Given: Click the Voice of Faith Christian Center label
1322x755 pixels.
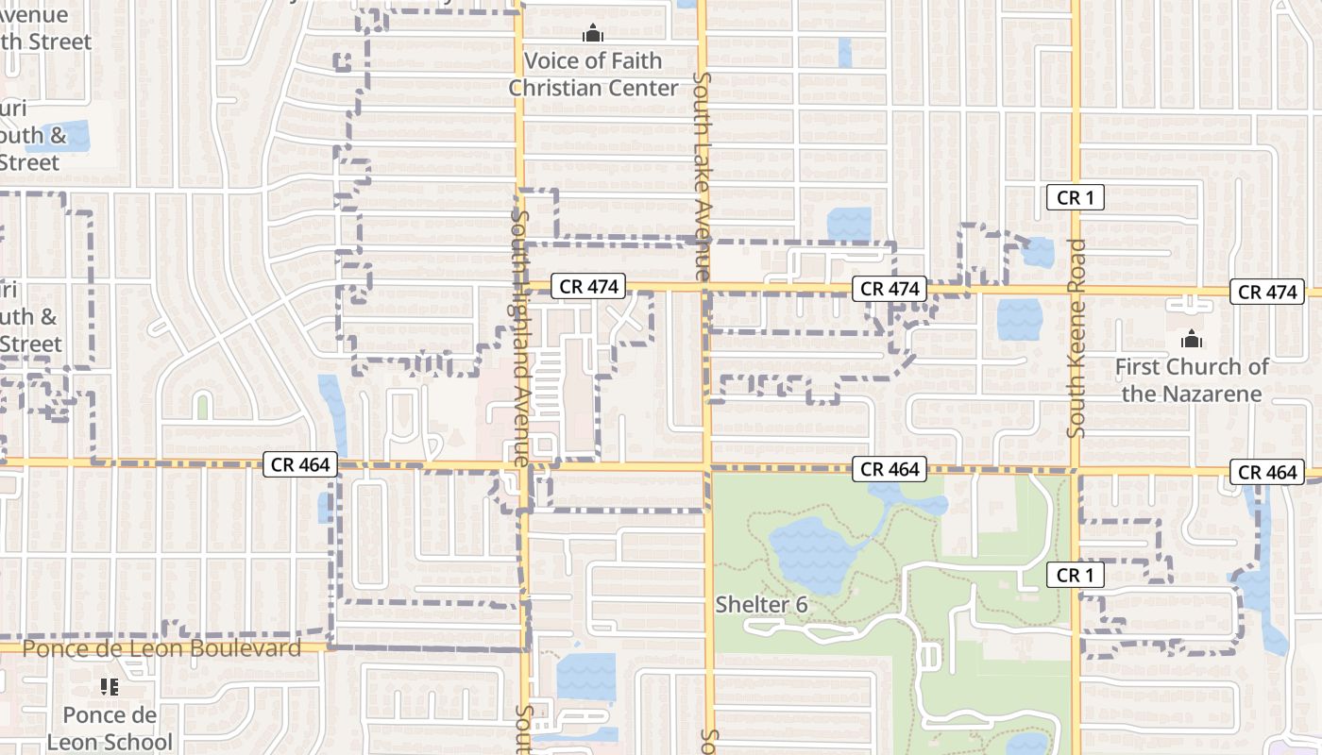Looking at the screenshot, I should click(593, 75).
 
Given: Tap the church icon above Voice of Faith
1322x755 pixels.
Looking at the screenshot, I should click(593, 35).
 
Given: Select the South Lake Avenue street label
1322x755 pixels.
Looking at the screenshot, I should click(702, 176).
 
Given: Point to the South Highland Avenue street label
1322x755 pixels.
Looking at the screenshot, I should click(518, 338).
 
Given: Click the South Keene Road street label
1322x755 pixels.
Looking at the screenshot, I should click(1076, 338).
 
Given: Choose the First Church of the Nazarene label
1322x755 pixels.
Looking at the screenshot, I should click(1192, 380).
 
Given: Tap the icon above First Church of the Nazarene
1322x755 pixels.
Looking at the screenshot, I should click(1192, 339).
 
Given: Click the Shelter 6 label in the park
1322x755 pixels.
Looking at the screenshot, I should click(761, 604).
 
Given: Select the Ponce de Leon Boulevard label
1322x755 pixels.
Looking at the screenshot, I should click(161, 648).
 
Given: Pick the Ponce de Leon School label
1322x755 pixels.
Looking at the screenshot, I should click(110, 729).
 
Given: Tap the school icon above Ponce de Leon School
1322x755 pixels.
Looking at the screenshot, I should click(110, 687).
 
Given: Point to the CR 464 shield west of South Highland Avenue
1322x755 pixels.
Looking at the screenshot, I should click(300, 463).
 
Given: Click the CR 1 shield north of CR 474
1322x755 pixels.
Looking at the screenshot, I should click(1076, 198).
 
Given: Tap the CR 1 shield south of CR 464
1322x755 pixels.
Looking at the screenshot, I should click(1076, 575).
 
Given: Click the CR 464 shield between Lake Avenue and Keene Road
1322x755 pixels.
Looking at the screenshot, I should click(890, 469).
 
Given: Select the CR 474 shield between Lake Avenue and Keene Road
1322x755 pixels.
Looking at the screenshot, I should click(890, 289).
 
